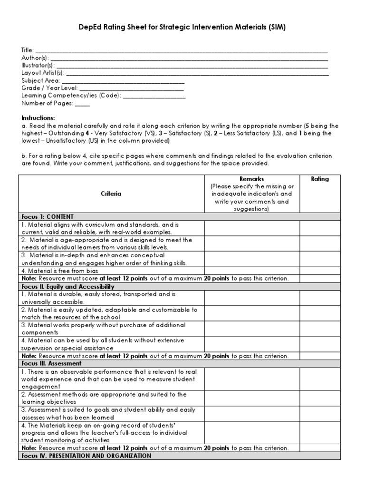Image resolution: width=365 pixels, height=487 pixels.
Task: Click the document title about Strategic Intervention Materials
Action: [x=182, y=28]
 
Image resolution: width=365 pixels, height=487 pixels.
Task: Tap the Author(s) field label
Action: [x=35, y=58]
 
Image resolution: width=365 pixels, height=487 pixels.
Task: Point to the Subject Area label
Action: [x=40, y=81]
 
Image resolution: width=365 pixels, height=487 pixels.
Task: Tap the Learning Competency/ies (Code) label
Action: [x=71, y=96]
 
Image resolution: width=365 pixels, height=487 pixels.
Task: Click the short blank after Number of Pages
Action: [x=82, y=104]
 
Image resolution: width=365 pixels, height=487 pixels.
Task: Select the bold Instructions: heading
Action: [x=38, y=118]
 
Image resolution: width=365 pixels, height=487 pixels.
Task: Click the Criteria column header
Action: [x=111, y=194]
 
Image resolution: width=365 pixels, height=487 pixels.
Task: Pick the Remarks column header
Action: [x=252, y=179]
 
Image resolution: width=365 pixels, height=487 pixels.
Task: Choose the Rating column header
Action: [x=319, y=179]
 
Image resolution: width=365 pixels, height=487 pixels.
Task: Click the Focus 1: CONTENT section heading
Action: [x=48, y=216]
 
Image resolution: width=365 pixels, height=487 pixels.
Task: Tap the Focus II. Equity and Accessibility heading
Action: [x=67, y=287]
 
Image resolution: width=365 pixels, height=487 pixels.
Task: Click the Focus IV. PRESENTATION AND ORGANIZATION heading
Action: [x=86, y=456]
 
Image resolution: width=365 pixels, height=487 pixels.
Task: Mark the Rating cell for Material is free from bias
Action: [x=320, y=271]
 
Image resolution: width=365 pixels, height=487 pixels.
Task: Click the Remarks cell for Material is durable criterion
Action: [x=252, y=298]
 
